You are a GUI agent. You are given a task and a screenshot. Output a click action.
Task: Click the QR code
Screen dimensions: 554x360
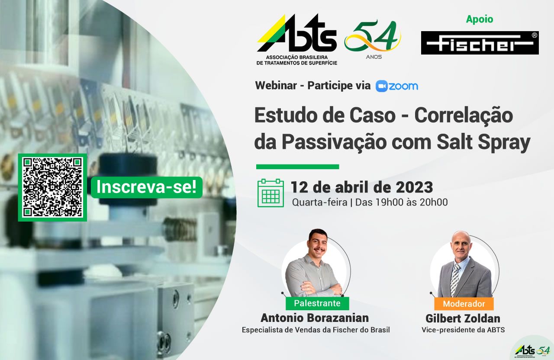[52, 187]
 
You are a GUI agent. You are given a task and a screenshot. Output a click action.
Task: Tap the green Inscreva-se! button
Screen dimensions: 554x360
[147, 187]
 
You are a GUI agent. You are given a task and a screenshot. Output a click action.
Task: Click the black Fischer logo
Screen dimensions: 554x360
[480, 43]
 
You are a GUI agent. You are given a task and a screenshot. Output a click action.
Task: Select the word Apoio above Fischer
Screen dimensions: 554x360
[480, 19]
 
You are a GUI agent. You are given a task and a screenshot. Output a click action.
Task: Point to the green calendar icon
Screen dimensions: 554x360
[271, 193]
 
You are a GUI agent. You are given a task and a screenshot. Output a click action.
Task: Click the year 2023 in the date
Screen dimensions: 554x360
[415, 187]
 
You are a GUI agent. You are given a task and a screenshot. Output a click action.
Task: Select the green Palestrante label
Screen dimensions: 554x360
[317, 303]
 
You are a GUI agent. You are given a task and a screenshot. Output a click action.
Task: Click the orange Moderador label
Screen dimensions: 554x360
[464, 304]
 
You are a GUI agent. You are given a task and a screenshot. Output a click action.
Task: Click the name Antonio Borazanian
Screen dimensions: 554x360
[315, 318]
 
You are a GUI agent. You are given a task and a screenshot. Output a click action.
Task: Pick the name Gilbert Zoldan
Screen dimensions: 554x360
[463, 318]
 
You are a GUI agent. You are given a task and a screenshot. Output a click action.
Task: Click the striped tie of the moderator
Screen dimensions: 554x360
[455, 280]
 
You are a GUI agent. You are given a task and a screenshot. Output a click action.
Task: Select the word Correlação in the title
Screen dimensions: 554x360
[464, 115]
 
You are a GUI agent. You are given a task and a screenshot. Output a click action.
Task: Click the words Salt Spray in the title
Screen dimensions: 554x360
[483, 142]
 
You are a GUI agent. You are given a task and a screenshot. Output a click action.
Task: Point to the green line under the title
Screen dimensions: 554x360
[297, 167]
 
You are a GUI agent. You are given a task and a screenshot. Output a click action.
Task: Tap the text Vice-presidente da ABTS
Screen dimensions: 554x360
[463, 330]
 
